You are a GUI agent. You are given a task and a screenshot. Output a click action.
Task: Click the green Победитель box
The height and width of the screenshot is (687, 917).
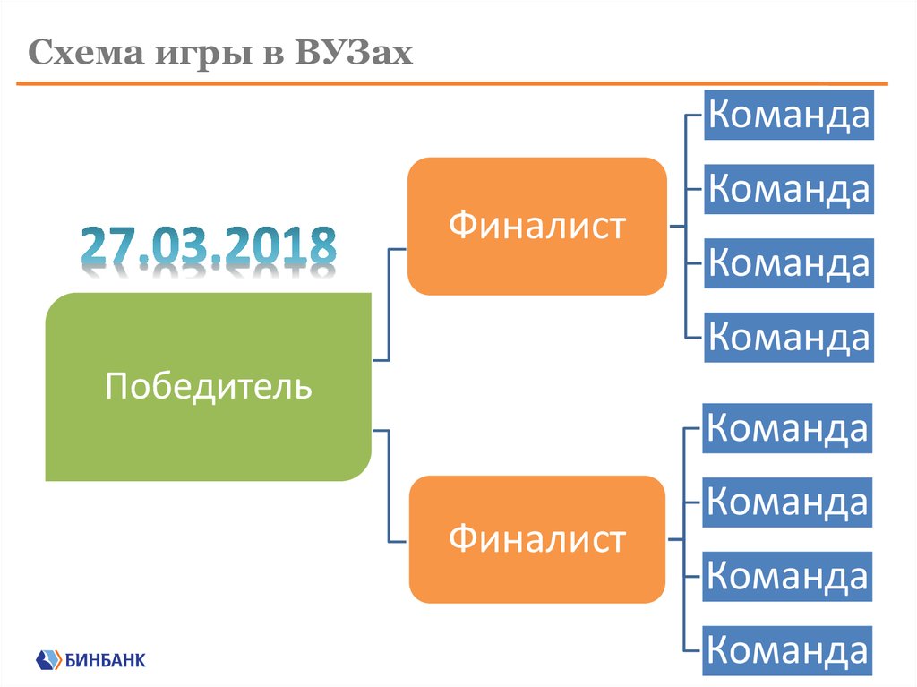pos(209,387)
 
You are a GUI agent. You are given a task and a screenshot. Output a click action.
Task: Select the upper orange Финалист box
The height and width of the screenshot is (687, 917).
pos(536,226)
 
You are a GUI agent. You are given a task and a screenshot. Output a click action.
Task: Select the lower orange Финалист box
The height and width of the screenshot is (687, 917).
pos(536,539)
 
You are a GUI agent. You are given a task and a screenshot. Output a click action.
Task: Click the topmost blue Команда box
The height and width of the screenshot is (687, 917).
pos(788,116)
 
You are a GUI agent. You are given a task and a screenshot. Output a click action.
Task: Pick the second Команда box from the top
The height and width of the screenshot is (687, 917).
pos(788,189)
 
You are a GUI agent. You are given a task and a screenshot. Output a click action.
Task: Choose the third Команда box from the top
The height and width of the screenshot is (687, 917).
pos(788,263)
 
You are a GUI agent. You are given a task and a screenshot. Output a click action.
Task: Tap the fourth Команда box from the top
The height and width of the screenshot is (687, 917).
pos(788,337)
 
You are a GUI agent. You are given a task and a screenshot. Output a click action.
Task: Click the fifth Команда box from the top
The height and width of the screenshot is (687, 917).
pos(788,428)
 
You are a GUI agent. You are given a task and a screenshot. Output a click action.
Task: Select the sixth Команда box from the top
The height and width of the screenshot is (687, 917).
pos(788,502)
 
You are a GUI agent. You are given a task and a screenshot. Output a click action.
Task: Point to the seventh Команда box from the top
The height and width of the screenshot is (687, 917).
pos(788,576)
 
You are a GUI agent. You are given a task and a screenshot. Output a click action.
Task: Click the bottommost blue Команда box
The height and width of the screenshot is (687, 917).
pos(788,649)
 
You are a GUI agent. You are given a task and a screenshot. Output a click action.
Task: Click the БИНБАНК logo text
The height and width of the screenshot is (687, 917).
pos(106,661)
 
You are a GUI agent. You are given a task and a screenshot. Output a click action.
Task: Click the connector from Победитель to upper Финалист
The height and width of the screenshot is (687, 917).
pos(389,305)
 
